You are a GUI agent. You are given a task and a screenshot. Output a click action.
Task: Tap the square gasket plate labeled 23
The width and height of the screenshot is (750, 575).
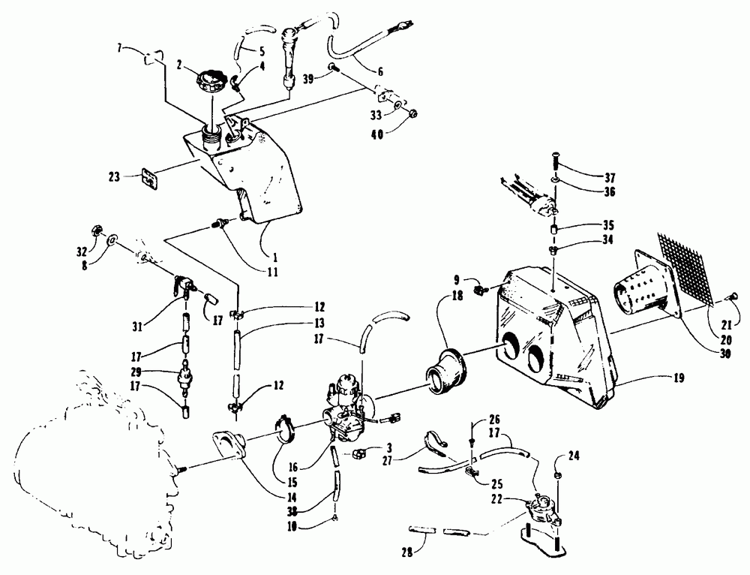tap(153, 180)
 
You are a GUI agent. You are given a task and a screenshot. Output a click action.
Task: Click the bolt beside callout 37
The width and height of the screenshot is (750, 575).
tap(554, 161)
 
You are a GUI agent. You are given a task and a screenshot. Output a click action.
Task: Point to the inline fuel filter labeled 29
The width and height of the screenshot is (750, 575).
tap(183, 375)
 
